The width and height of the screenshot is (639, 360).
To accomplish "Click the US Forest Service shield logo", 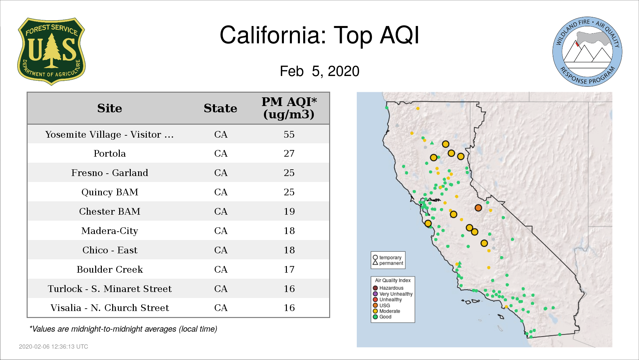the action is (51, 51).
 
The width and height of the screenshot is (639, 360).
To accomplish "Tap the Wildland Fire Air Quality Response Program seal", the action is (587, 52).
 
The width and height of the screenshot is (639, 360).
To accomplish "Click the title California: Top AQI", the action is (319, 35).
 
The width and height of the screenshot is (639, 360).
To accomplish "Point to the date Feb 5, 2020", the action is (319, 71).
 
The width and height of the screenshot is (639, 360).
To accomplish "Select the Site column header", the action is (109, 108).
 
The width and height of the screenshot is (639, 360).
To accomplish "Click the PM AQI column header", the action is (289, 108).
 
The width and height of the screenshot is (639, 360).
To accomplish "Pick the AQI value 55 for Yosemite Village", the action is (289, 134).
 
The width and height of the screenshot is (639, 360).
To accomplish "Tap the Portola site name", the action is (109, 153).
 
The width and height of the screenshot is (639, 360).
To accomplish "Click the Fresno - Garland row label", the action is (109, 173).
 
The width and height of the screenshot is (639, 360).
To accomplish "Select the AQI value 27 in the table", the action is (289, 153).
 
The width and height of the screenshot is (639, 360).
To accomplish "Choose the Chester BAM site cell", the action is (109, 211).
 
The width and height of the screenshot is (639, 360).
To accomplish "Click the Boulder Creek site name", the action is (109, 269).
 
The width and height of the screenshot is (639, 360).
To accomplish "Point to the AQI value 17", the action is (289, 269).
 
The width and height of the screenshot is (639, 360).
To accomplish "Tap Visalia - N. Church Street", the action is (109, 308).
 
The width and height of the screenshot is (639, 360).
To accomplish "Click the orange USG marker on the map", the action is (478, 208).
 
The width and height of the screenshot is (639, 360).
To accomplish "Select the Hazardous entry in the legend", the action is (388, 288).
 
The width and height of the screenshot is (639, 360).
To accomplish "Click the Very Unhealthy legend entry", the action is (393, 294).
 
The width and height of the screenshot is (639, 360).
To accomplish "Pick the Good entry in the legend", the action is (382, 317).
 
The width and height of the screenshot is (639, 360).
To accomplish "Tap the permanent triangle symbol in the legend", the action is (375, 263).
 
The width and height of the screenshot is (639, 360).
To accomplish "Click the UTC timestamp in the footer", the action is (54, 347).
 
